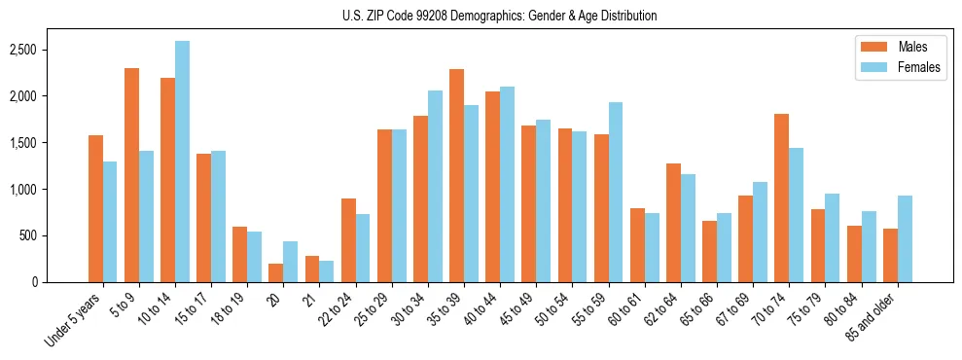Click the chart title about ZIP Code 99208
tap(499, 16)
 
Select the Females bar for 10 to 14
tap(183, 162)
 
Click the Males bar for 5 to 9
tap(131, 175)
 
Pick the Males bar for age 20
tap(275, 272)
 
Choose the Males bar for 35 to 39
tap(456, 175)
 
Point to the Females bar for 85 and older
tap(905, 238)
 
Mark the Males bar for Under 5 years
tap(95, 208)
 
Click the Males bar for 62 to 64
tap(673, 223)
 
